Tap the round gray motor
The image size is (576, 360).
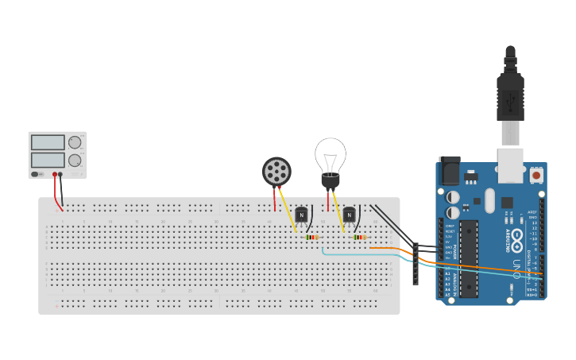pos(276,171)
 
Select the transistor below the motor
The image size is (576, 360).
pos(302,214)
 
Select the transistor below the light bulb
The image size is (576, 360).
pos(349,214)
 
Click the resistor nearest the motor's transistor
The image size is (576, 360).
pos(311,237)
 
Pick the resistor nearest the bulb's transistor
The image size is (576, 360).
pos(359,237)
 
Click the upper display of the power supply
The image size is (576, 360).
pos(48,142)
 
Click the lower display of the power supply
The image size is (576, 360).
pos(48,160)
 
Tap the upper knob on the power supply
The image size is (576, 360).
pos(75,142)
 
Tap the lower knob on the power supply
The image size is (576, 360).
pos(75,160)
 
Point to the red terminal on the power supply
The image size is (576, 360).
pos(55,174)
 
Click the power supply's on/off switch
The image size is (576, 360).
pos(36,174)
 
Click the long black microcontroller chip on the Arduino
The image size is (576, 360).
pos(469,254)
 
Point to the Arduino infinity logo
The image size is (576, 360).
pos(517,238)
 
